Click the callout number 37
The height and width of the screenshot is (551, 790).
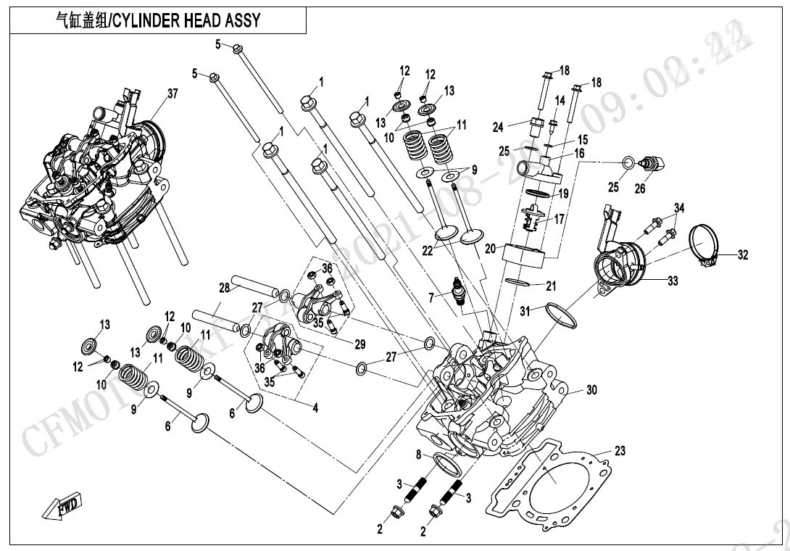click(x=172, y=94)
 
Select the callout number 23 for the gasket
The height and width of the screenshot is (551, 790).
click(x=620, y=451)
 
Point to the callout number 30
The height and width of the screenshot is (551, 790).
click(x=591, y=390)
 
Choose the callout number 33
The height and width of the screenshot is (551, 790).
click(x=673, y=281)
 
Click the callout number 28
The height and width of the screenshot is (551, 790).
click(x=225, y=288)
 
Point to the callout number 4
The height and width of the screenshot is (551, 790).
click(x=315, y=408)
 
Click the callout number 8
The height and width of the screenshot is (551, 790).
click(x=418, y=455)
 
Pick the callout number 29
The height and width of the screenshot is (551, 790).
click(x=360, y=344)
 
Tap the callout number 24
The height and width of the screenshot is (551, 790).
click(x=498, y=128)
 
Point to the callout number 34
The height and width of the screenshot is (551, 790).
click(x=678, y=209)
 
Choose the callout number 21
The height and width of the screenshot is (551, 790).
click(x=551, y=286)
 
